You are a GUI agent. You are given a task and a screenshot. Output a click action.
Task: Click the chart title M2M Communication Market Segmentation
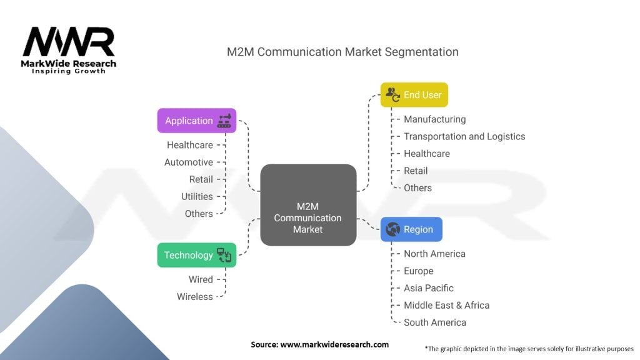[342, 52]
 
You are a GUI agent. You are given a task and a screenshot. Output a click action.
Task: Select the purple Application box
[196, 121]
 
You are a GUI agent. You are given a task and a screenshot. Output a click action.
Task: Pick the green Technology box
[196, 255]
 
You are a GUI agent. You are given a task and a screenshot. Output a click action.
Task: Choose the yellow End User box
[414, 95]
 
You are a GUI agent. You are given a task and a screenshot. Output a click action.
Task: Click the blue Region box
[411, 229]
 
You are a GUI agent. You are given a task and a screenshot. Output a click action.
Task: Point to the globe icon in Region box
[393, 229]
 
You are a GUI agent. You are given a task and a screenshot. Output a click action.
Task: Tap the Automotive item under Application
[189, 162]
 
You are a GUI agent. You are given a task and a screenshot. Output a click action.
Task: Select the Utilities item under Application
[197, 196]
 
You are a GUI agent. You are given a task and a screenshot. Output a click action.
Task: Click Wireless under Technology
[195, 296]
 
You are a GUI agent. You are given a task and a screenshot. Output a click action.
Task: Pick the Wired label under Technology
[201, 279]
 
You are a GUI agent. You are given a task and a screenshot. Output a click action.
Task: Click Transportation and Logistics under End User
[464, 136]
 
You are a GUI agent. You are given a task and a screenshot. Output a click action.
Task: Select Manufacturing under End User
[434, 119]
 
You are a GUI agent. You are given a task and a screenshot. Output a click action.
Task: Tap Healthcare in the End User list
[427, 153]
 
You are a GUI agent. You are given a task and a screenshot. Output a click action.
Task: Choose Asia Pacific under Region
[429, 288]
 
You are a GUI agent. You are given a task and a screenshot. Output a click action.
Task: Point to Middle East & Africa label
[446, 305]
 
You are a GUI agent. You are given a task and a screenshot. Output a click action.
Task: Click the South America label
[435, 322]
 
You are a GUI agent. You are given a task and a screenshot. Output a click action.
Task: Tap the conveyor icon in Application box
[224, 121]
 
